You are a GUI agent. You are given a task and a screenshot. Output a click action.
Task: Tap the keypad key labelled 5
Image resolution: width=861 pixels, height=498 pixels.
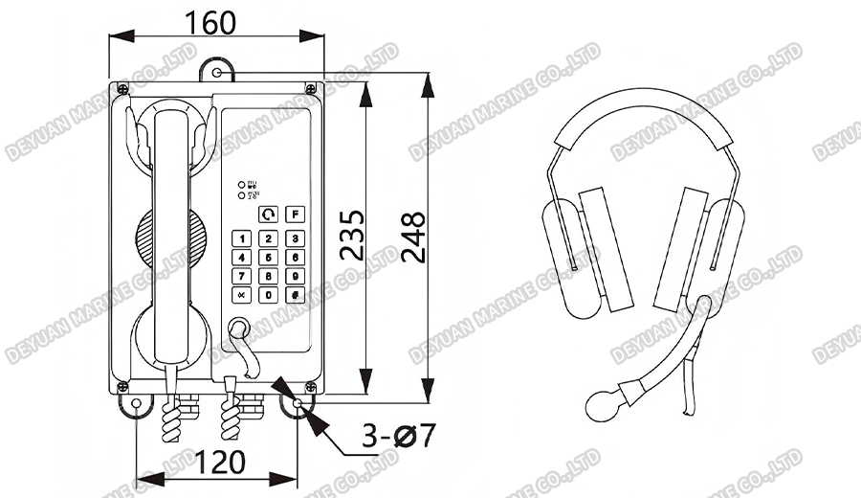point(269,258)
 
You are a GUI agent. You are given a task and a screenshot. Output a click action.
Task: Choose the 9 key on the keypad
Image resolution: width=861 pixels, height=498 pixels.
point(296,277)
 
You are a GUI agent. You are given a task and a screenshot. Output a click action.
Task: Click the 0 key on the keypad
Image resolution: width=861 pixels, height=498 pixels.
point(269,295)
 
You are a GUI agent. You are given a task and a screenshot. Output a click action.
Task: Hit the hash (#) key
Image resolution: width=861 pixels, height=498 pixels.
point(296,295)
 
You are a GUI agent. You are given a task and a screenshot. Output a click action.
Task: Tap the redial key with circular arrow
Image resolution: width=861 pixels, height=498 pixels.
point(270,214)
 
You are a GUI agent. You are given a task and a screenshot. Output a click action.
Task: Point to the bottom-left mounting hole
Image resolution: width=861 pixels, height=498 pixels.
point(137,405)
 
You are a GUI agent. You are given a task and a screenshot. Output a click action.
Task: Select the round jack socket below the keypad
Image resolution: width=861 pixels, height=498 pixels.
point(237,328)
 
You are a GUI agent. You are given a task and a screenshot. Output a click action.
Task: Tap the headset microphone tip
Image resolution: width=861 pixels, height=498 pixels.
point(602,403)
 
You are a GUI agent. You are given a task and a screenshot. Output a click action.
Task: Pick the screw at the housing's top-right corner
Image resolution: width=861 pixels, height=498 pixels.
point(310,89)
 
